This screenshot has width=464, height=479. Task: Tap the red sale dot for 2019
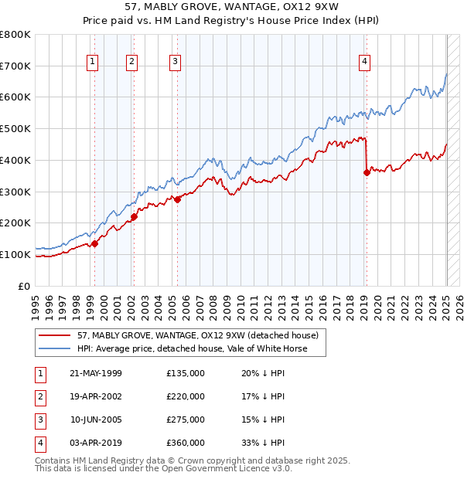point(367,172)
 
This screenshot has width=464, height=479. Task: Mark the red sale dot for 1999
point(95,243)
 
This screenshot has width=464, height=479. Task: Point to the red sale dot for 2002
point(134,216)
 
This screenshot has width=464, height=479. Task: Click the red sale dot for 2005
point(177,199)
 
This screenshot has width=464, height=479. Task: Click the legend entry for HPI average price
point(192,348)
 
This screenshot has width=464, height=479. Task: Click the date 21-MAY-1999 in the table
point(96,374)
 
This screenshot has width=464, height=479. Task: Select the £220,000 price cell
point(186,396)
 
